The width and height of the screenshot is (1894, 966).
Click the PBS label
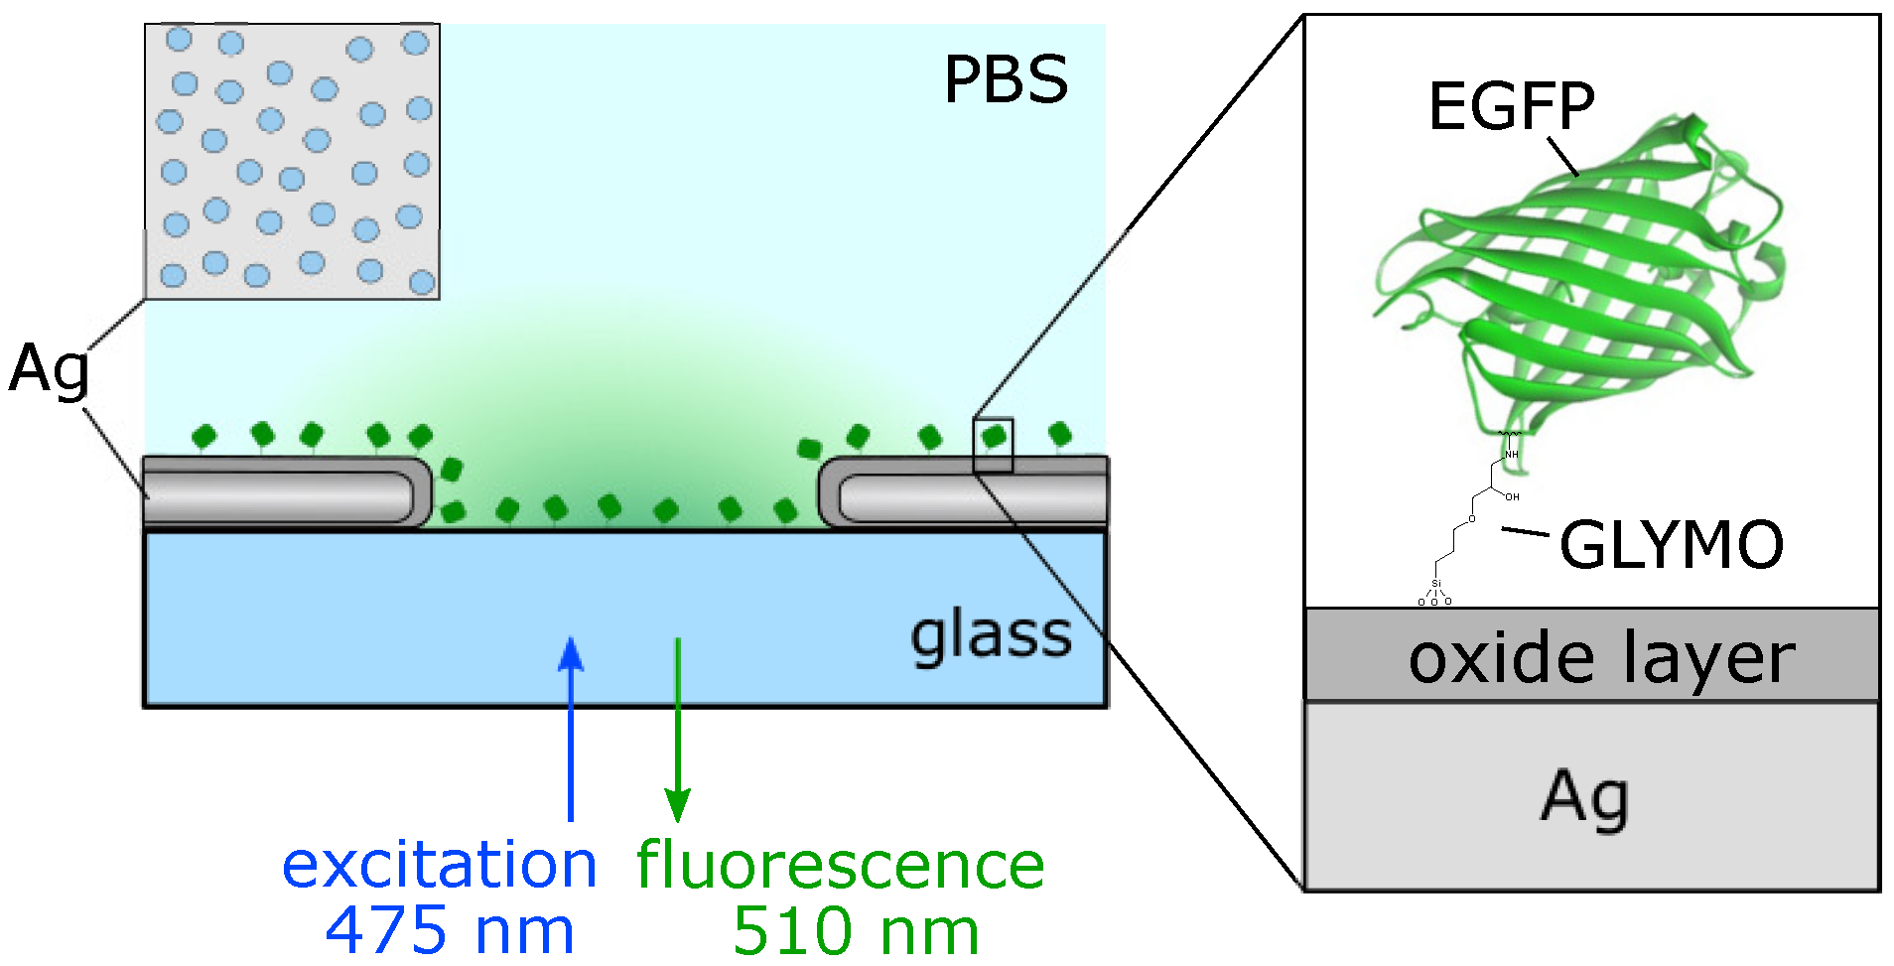coord(1005,79)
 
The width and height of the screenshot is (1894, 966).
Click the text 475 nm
coord(449,931)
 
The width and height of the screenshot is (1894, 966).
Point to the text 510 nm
coord(856,931)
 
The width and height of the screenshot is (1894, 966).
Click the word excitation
coord(439,865)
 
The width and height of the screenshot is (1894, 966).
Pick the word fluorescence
coord(840,865)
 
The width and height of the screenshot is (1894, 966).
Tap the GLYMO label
coord(1671,545)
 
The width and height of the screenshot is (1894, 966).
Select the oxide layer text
coord(1600,658)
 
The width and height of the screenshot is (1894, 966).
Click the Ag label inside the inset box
coord(1584,797)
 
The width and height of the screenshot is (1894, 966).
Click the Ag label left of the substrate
coord(49,370)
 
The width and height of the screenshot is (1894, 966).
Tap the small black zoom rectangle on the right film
coord(993,445)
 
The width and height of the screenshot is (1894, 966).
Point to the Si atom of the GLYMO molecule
coord(1435,584)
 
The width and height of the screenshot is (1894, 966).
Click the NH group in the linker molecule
coord(1512,454)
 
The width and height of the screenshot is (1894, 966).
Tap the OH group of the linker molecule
coord(1512,496)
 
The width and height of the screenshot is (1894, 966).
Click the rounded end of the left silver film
coord(423,492)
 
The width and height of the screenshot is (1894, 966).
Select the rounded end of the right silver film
coord(830,493)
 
